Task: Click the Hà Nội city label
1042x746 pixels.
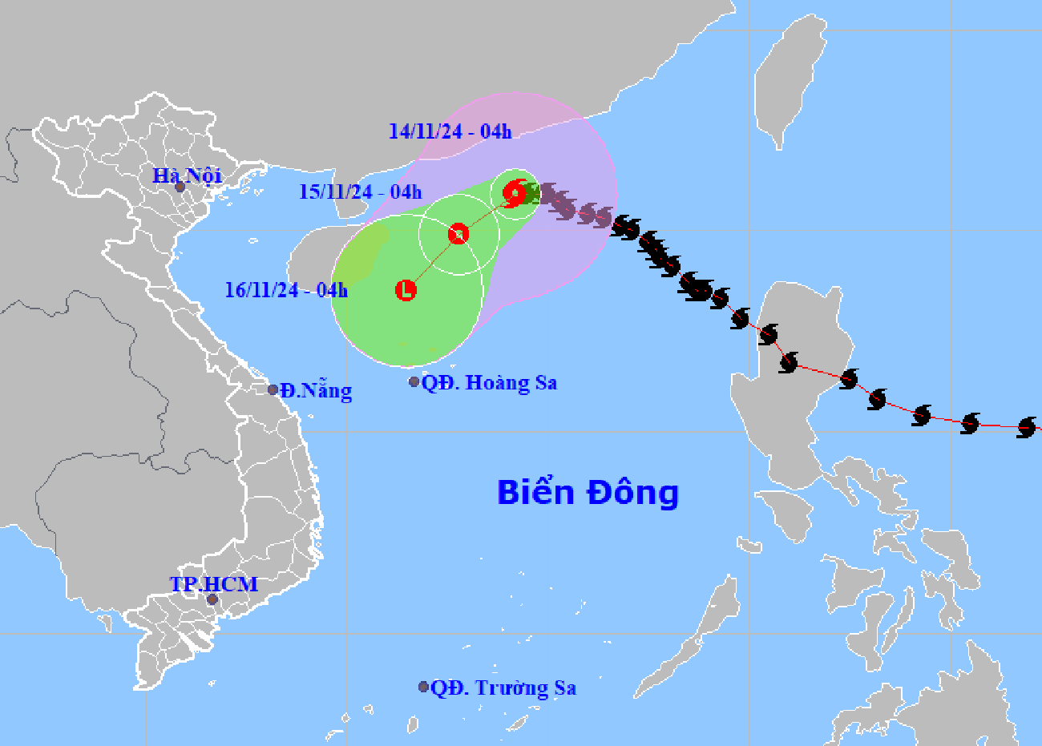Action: click(188, 175)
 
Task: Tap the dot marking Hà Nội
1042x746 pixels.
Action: click(180, 187)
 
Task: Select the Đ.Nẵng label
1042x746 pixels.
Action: click(316, 391)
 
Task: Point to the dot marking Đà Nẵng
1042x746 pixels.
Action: click(273, 389)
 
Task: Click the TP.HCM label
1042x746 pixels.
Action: click(214, 584)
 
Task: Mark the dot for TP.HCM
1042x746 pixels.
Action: click(212, 599)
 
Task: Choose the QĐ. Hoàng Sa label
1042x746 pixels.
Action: click(489, 383)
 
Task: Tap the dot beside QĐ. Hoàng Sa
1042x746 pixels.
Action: click(414, 382)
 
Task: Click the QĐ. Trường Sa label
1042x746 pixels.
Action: click(503, 688)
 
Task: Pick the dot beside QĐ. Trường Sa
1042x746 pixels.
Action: click(423, 687)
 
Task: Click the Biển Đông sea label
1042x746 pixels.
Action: click(588, 492)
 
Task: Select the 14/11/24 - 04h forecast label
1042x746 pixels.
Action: click(450, 131)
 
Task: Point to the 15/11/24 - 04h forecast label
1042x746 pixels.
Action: click(360, 192)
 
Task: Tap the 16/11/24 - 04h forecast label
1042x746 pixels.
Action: click(286, 289)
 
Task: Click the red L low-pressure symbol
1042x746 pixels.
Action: click(406, 290)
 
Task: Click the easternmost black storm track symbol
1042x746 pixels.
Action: click(1027, 427)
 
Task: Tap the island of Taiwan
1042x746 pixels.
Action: click(790, 80)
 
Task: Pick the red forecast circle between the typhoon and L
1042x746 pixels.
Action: click(458, 233)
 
